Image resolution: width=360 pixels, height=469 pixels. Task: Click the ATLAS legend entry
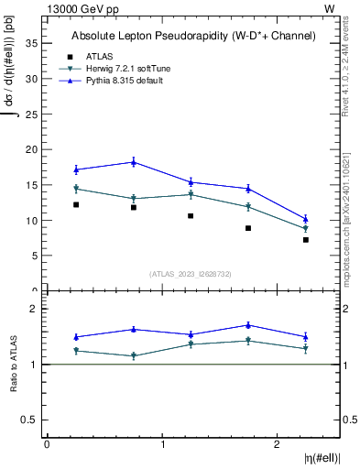(99, 56)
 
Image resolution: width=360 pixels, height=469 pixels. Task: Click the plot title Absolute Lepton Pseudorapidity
(193, 37)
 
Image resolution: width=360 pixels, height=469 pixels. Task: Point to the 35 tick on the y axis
(36, 43)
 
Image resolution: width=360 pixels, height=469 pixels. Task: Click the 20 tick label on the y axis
(36, 149)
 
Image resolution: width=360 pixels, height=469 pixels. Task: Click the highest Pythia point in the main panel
(134, 162)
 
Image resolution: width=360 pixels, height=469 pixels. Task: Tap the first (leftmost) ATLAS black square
(76, 205)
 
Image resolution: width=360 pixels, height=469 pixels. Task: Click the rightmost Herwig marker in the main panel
(306, 229)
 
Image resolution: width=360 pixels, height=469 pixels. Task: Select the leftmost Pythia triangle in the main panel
(76, 169)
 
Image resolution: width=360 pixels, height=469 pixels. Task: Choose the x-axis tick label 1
(162, 444)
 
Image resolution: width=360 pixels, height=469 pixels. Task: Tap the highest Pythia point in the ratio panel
(248, 325)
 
